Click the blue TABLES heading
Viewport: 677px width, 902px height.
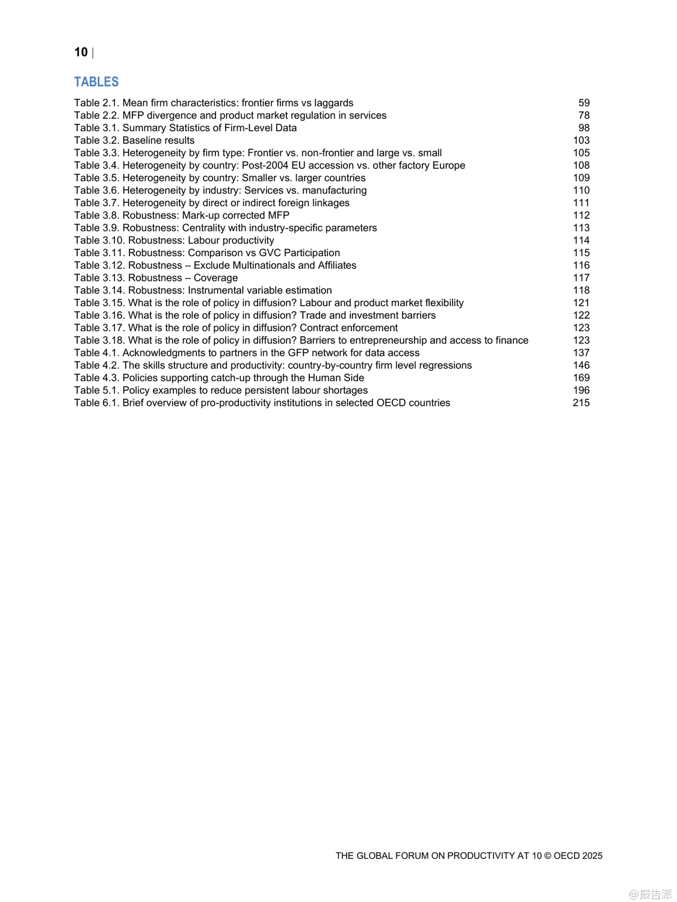(96, 82)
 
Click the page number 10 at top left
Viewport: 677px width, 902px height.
(81, 52)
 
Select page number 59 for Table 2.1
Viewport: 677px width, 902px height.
(584, 103)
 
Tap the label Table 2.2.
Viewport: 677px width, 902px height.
(96, 115)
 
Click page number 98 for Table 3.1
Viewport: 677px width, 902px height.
(584, 128)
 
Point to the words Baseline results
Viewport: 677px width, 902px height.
(158, 141)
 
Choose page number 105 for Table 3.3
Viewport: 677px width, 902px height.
(581, 153)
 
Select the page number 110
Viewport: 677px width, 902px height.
(581, 191)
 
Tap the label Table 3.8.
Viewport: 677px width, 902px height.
(96, 215)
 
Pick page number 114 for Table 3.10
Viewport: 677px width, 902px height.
(581, 241)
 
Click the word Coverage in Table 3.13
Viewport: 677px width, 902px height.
(215, 278)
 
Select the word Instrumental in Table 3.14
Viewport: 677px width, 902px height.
(217, 290)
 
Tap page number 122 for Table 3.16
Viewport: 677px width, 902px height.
(581, 315)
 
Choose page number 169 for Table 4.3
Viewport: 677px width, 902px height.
(581, 378)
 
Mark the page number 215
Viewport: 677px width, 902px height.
(581, 403)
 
